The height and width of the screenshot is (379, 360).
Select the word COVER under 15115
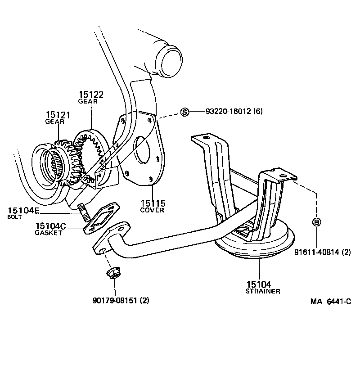coord(152,210)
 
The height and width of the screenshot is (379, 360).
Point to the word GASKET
coord(48,233)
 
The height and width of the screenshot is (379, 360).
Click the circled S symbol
coord(184,112)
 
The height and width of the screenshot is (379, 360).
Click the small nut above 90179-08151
coord(111,273)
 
